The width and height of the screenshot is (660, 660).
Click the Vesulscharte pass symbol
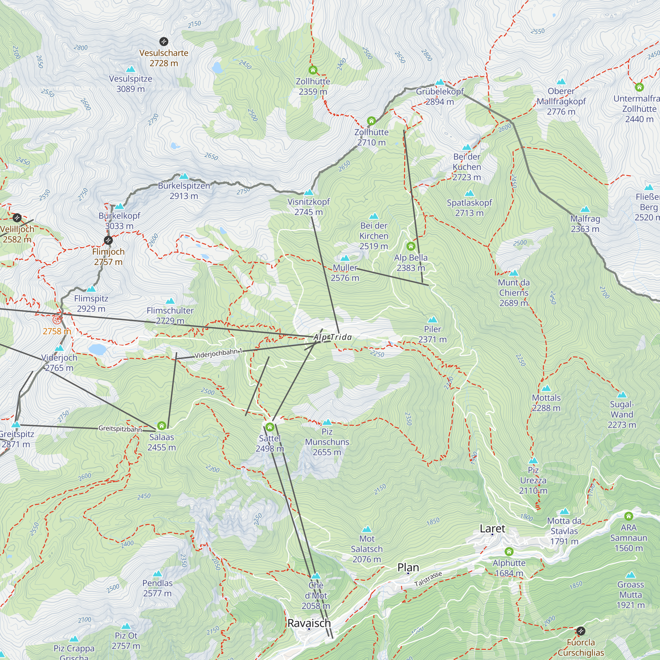(x=164, y=42)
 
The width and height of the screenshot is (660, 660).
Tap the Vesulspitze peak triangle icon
(x=130, y=70)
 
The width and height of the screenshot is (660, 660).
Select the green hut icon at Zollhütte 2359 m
(x=313, y=70)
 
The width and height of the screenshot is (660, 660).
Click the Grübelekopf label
(x=440, y=91)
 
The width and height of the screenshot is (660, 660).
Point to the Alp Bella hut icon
(x=411, y=246)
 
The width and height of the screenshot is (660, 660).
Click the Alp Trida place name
(x=332, y=338)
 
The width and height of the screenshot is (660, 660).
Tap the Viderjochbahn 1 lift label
(x=218, y=353)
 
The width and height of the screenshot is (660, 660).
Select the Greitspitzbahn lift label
(x=120, y=429)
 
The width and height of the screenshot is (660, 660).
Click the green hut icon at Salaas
(x=162, y=426)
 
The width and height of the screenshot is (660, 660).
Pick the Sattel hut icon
(x=270, y=427)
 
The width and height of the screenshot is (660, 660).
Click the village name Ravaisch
(x=309, y=623)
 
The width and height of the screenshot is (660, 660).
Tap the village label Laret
(x=492, y=529)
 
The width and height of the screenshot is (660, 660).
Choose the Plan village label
(x=408, y=568)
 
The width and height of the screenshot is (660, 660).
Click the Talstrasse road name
(x=428, y=579)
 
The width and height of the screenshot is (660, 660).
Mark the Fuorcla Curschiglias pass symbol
(x=581, y=631)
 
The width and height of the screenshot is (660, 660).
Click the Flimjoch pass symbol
(x=108, y=241)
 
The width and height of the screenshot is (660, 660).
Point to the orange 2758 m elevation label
(x=57, y=331)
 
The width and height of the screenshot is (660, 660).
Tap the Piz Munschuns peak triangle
(x=327, y=422)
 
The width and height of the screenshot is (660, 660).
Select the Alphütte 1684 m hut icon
(x=509, y=551)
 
